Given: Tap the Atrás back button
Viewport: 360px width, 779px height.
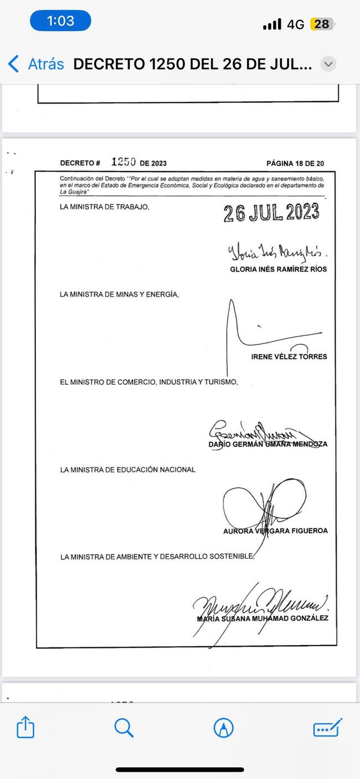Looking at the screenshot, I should click(x=36, y=64).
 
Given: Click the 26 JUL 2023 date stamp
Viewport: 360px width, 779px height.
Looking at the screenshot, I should click(x=271, y=213).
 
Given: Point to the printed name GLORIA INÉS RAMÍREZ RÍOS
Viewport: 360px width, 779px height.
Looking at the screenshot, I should click(x=278, y=269).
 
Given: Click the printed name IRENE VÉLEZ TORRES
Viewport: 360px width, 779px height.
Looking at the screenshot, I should click(x=289, y=357).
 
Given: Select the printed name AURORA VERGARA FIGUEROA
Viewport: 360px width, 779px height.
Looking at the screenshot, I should click(x=275, y=531).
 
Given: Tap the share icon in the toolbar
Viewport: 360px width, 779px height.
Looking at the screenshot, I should click(x=25, y=727).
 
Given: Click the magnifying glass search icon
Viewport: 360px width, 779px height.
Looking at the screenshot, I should click(x=124, y=727).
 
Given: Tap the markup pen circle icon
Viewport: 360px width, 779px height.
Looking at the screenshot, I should click(x=223, y=728).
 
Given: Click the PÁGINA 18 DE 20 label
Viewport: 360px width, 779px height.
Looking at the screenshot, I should click(x=295, y=163).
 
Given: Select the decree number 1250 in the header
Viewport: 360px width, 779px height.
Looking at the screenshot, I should click(x=124, y=162).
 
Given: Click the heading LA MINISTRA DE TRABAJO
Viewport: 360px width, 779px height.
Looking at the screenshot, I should click(x=105, y=207).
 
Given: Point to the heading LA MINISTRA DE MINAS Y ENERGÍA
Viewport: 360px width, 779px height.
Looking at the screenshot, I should click(x=119, y=295).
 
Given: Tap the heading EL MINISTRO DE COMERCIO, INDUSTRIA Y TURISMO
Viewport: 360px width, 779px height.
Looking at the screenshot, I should click(x=148, y=382).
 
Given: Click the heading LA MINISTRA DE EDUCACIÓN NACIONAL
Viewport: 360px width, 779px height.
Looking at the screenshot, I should click(x=127, y=470).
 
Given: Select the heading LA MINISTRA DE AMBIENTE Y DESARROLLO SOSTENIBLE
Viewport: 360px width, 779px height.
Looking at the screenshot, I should click(x=157, y=557).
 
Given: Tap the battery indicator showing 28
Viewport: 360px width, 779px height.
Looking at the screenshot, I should click(x=322, y=24).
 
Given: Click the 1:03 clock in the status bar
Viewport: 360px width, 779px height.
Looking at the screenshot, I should click(x=60, y=21).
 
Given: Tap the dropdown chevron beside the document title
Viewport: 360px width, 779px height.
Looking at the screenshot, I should click(x=328, y=64).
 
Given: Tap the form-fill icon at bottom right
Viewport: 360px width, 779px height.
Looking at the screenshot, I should click(x=327, y=728).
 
